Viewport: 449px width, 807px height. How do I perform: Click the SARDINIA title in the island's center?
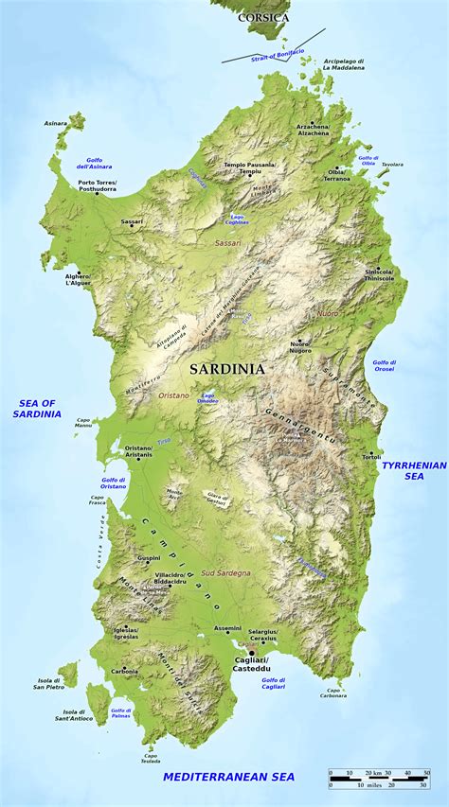[226, 368]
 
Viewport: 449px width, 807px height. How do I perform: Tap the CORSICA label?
[263, 17]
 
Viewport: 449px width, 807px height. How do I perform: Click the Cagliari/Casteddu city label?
[251, 662]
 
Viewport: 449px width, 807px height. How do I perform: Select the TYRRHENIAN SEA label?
[414, 470]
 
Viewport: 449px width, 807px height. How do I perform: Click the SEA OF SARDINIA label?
[36, 409]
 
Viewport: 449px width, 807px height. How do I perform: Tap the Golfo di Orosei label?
[384, 365]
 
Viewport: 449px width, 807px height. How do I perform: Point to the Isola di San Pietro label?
[49, 683]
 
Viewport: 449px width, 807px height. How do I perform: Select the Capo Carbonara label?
[332, 693]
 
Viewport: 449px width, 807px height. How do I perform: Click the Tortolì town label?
[370, 457]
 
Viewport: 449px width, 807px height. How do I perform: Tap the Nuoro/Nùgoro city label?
[300, 347]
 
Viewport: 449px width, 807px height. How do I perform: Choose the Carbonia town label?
[124, 671]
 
